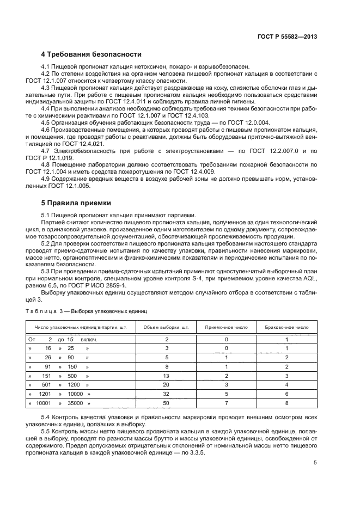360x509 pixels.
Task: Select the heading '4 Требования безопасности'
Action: click(91, 54)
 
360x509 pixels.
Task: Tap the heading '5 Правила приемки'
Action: click(76, 203)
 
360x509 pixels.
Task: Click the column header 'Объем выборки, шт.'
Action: click(166, 328)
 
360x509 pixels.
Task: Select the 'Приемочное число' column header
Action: click(226, 328)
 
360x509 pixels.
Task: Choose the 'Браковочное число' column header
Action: click(287, 328)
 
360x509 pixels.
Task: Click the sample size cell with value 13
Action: click(166, 376)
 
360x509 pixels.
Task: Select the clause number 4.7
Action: click(47, 150)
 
